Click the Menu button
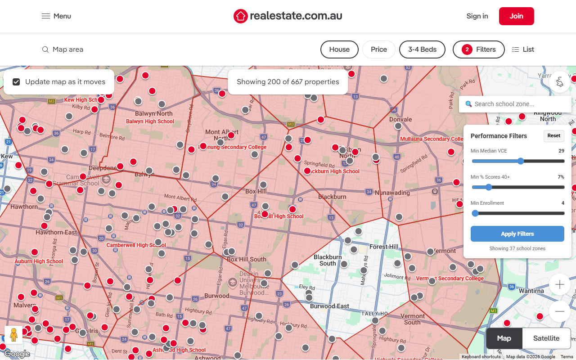pos(56,16)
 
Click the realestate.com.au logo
pos(288,16)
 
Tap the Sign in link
pos(477,16)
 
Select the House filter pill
pos(339,49)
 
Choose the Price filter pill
pos(378,49)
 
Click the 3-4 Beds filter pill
pos(422,49)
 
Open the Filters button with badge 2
pos(478,49)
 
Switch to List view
pos(523,49)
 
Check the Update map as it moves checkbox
pos(16,82)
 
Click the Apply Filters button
pos(517,234)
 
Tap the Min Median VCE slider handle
pos(521,161)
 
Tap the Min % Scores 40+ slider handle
pos(489,187)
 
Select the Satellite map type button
pos(546,338)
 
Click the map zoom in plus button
pos(560,284)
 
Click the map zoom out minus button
pos(560,311)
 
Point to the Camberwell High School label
pos(136,245)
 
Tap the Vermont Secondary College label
pos(450,279)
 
